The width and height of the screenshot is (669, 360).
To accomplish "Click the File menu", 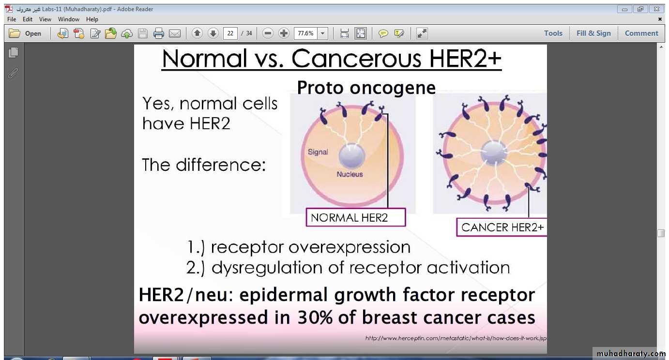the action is tap(12, 19).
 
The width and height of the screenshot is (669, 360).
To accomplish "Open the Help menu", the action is tap(92, 19).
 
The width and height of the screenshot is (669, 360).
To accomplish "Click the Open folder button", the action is tap(25, 33).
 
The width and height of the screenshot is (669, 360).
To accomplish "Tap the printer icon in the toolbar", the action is tap(158, 33).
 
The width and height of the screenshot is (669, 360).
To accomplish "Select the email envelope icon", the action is tap(175, 33).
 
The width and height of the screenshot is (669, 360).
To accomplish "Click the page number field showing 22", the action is tap(230, 33).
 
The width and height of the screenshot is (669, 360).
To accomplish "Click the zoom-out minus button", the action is tap(268, 33).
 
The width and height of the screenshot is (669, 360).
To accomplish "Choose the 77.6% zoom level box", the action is tap(306, 33).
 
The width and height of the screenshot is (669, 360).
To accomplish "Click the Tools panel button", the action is tap(553, 33).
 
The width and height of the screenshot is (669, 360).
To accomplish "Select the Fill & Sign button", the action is tap(593, 33).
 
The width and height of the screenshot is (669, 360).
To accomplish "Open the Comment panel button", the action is tap(641, 33).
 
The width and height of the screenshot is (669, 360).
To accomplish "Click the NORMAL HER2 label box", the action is tap(356, 217).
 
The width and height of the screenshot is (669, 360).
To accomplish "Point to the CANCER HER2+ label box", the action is tap(502, 227).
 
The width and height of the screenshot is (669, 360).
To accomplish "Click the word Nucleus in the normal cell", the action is tap(350, 174).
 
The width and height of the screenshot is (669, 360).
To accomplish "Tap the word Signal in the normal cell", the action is tap(318, 152).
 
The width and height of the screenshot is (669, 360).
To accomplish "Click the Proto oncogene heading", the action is tap(366, 88).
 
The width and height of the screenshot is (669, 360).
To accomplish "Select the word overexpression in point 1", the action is tap(350, 247).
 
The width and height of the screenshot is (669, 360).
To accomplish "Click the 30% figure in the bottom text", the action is tap(315, 317).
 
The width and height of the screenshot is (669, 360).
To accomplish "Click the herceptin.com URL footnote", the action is tap(456, 338).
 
